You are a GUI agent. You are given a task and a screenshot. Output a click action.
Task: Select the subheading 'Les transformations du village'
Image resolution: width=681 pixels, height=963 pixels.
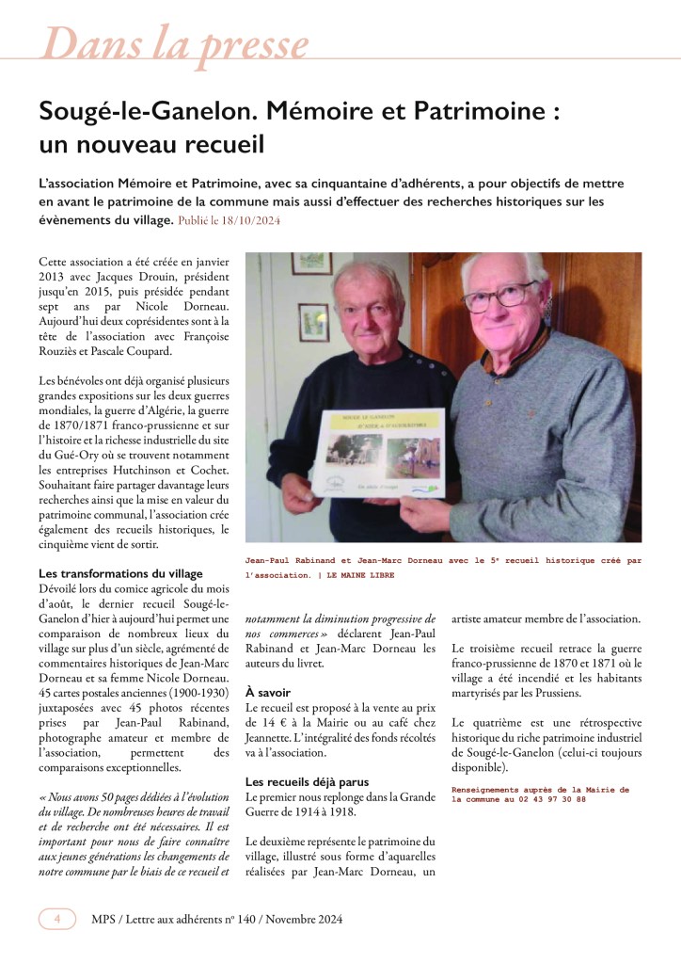tap(120, 574)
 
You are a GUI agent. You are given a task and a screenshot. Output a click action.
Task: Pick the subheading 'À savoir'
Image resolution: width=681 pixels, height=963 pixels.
tap(268, 692)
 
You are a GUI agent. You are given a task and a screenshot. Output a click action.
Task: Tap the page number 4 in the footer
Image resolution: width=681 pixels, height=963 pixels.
tap(57, 919)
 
